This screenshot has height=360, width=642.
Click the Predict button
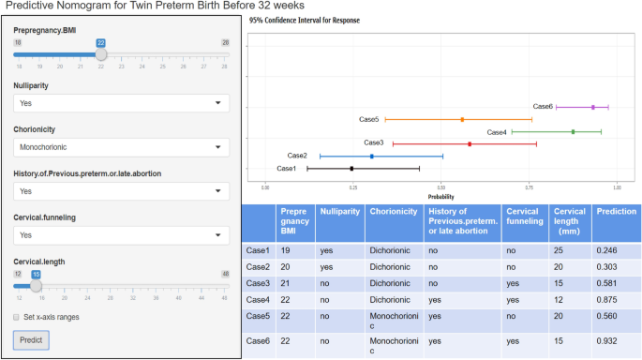pyautogui.click(x=31, y=339)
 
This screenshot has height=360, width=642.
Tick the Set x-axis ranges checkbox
pyautogui.click(x=17, y=317)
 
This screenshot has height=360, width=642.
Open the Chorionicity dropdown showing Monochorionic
pyautogui.click(x=121, y=147)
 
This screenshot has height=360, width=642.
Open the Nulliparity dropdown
pyautogui.click(x=121, y=103)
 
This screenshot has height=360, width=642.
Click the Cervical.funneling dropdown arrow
pyautogui.click(x=218, y=235)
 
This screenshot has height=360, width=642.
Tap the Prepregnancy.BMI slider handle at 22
pyautogui.click(x=101, y=54)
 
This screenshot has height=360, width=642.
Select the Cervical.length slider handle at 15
pyautogui.click(x=36, y=286)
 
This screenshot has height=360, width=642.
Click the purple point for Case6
pyautogui.click(x=593, y=107)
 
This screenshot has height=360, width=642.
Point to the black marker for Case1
pyautogui.click(x=351, y=169)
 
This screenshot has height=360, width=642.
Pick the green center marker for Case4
pyautogui.click(x=573, y=132)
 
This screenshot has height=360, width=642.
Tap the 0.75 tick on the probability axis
pyautogui.click(x=529, y=187)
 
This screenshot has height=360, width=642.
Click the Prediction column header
pyautogui.click(x=616, y=212)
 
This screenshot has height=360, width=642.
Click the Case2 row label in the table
pyautogui.click(x=257, y=266)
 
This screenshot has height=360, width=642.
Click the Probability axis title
pyautogui.click(x=440, y=196)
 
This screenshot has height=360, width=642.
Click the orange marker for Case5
pyautogui.click(x=462, y=120)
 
